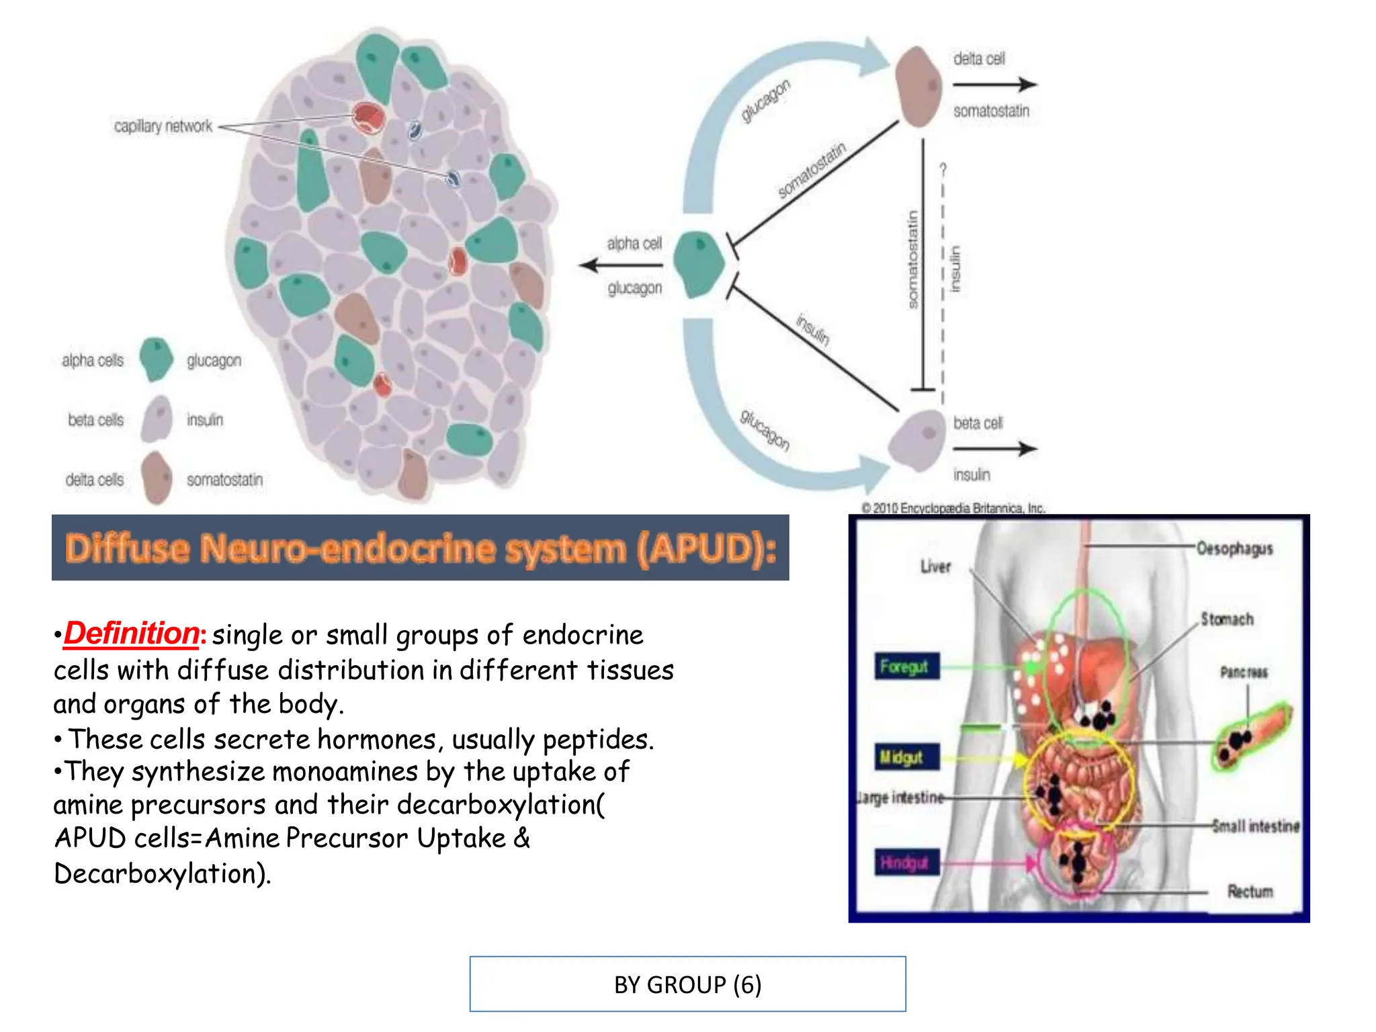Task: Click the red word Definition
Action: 132,634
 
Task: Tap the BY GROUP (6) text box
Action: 687,984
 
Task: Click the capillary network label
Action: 163,126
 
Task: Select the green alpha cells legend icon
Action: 157,359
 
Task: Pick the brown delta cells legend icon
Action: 157,478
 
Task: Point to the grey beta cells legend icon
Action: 157,419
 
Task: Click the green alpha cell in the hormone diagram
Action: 699,265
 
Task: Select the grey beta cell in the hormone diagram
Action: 917,441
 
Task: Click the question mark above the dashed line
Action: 943,169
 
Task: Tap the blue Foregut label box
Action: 905,666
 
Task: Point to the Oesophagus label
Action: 1234,549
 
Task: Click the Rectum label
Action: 1250,892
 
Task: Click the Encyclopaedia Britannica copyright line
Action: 953,508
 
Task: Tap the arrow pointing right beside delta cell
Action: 994,85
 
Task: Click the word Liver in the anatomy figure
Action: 935,566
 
